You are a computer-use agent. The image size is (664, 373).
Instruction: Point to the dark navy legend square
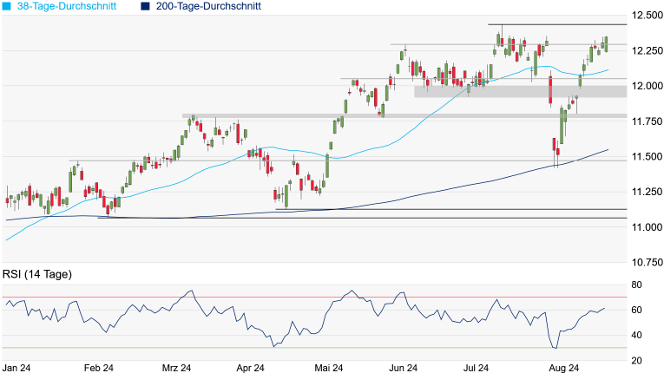tap(145, 6)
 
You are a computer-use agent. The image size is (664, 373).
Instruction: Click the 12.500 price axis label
tap(647, 16)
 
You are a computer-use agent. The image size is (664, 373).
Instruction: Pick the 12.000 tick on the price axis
tap(647, 86)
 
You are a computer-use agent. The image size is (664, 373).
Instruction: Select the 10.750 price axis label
tap(647, 261)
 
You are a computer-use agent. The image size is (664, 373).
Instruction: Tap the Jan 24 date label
tap(17, 368)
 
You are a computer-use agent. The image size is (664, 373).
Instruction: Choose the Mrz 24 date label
tap(175, 368)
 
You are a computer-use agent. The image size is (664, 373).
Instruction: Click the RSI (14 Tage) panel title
tap(37, 274)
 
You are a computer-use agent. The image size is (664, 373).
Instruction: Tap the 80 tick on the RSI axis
tap(636, 285)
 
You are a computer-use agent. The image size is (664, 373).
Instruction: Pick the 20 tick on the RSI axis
tap(636, 360)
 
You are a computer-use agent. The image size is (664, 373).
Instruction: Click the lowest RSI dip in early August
tap(555, 349)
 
